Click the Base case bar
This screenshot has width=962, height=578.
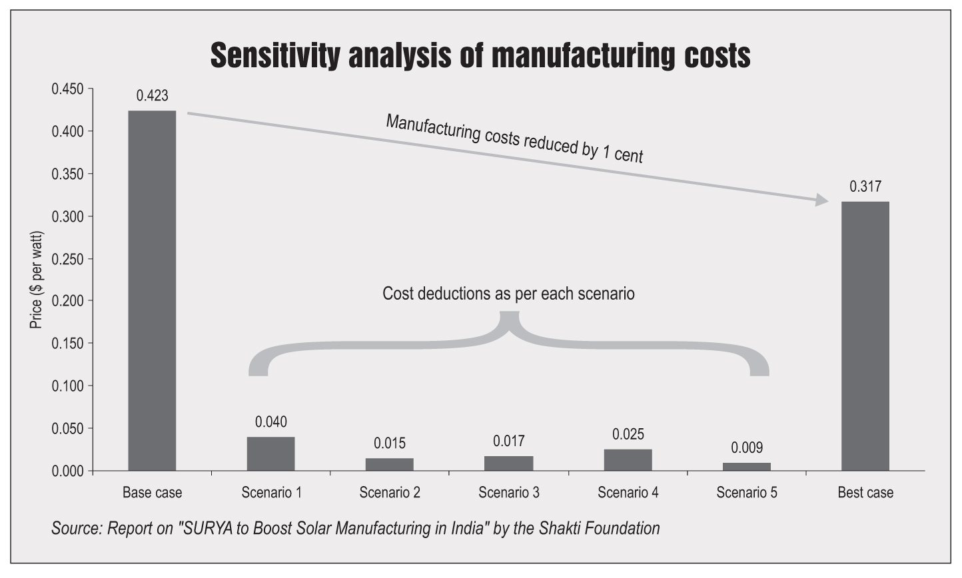[152, 290]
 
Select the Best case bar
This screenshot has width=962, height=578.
[865, 336]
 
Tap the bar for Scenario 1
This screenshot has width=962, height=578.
[270, 453]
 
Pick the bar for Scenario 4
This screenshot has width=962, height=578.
[628, 459]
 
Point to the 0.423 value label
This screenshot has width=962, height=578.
[152, 96]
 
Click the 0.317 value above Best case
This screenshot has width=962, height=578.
[865, 187]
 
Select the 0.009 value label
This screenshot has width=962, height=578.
[746, 448]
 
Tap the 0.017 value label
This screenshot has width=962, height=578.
[508, 441]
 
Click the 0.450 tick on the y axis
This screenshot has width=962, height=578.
[68, 89]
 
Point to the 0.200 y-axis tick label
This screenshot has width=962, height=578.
[68, 301]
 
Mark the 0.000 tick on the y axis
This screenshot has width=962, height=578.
[68, 471]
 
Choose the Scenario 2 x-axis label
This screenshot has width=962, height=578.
[390, 493]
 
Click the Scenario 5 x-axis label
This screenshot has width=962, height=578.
[746, 493]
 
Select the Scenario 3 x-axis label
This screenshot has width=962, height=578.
[508, 493]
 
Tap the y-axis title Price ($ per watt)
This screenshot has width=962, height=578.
[37, 280]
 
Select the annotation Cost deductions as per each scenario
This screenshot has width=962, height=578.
[508, 294]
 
